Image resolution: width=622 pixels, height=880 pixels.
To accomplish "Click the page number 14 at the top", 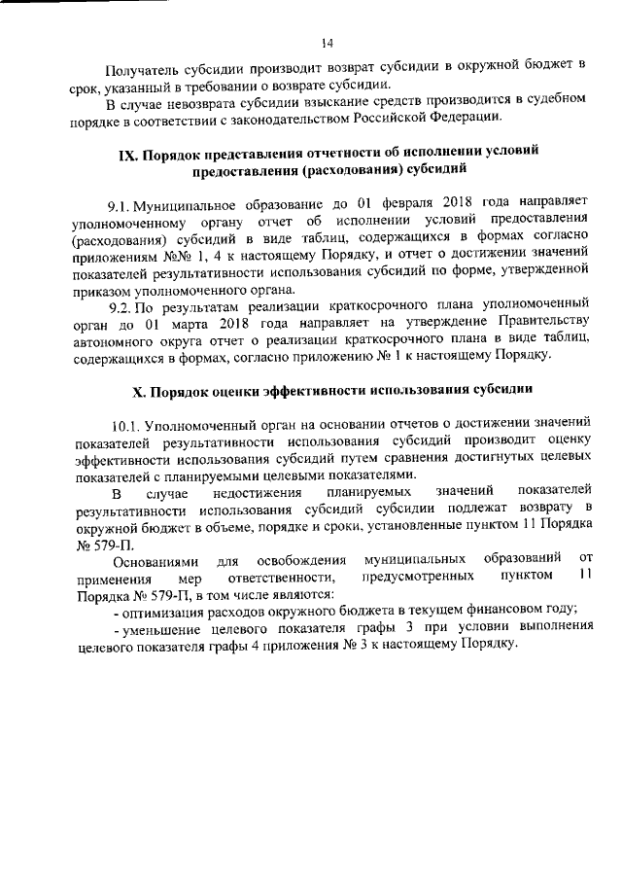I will pos(328,42).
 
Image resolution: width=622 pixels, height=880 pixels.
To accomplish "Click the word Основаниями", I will pos(155,562).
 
